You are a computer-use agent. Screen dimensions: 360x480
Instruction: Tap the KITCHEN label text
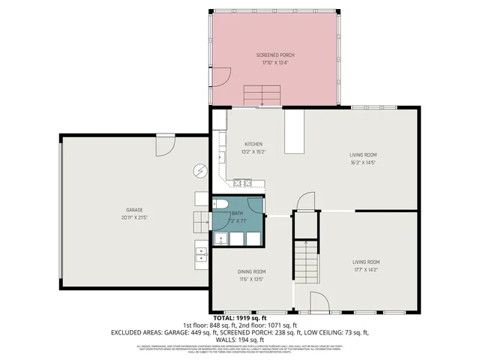pyautogui.click(x=253, y=145)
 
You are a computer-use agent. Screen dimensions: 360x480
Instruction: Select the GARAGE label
pyautogui.click(x=134, y=209)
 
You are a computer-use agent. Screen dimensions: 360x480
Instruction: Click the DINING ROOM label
pyautogui.click(x=252, y=271)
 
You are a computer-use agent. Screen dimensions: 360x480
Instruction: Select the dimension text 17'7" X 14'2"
pyautogui.click(x=366, y=269)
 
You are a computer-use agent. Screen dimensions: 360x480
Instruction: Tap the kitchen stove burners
pyautogui.click(x=242, y=182)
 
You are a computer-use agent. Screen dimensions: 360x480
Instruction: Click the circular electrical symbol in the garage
pyautogui.click(x=199, y=170)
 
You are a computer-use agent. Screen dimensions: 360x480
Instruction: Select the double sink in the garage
pyautogui.click(x=201, y=256)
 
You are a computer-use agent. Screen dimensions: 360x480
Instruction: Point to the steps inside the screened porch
pyautogui.click(x=262, y=95)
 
